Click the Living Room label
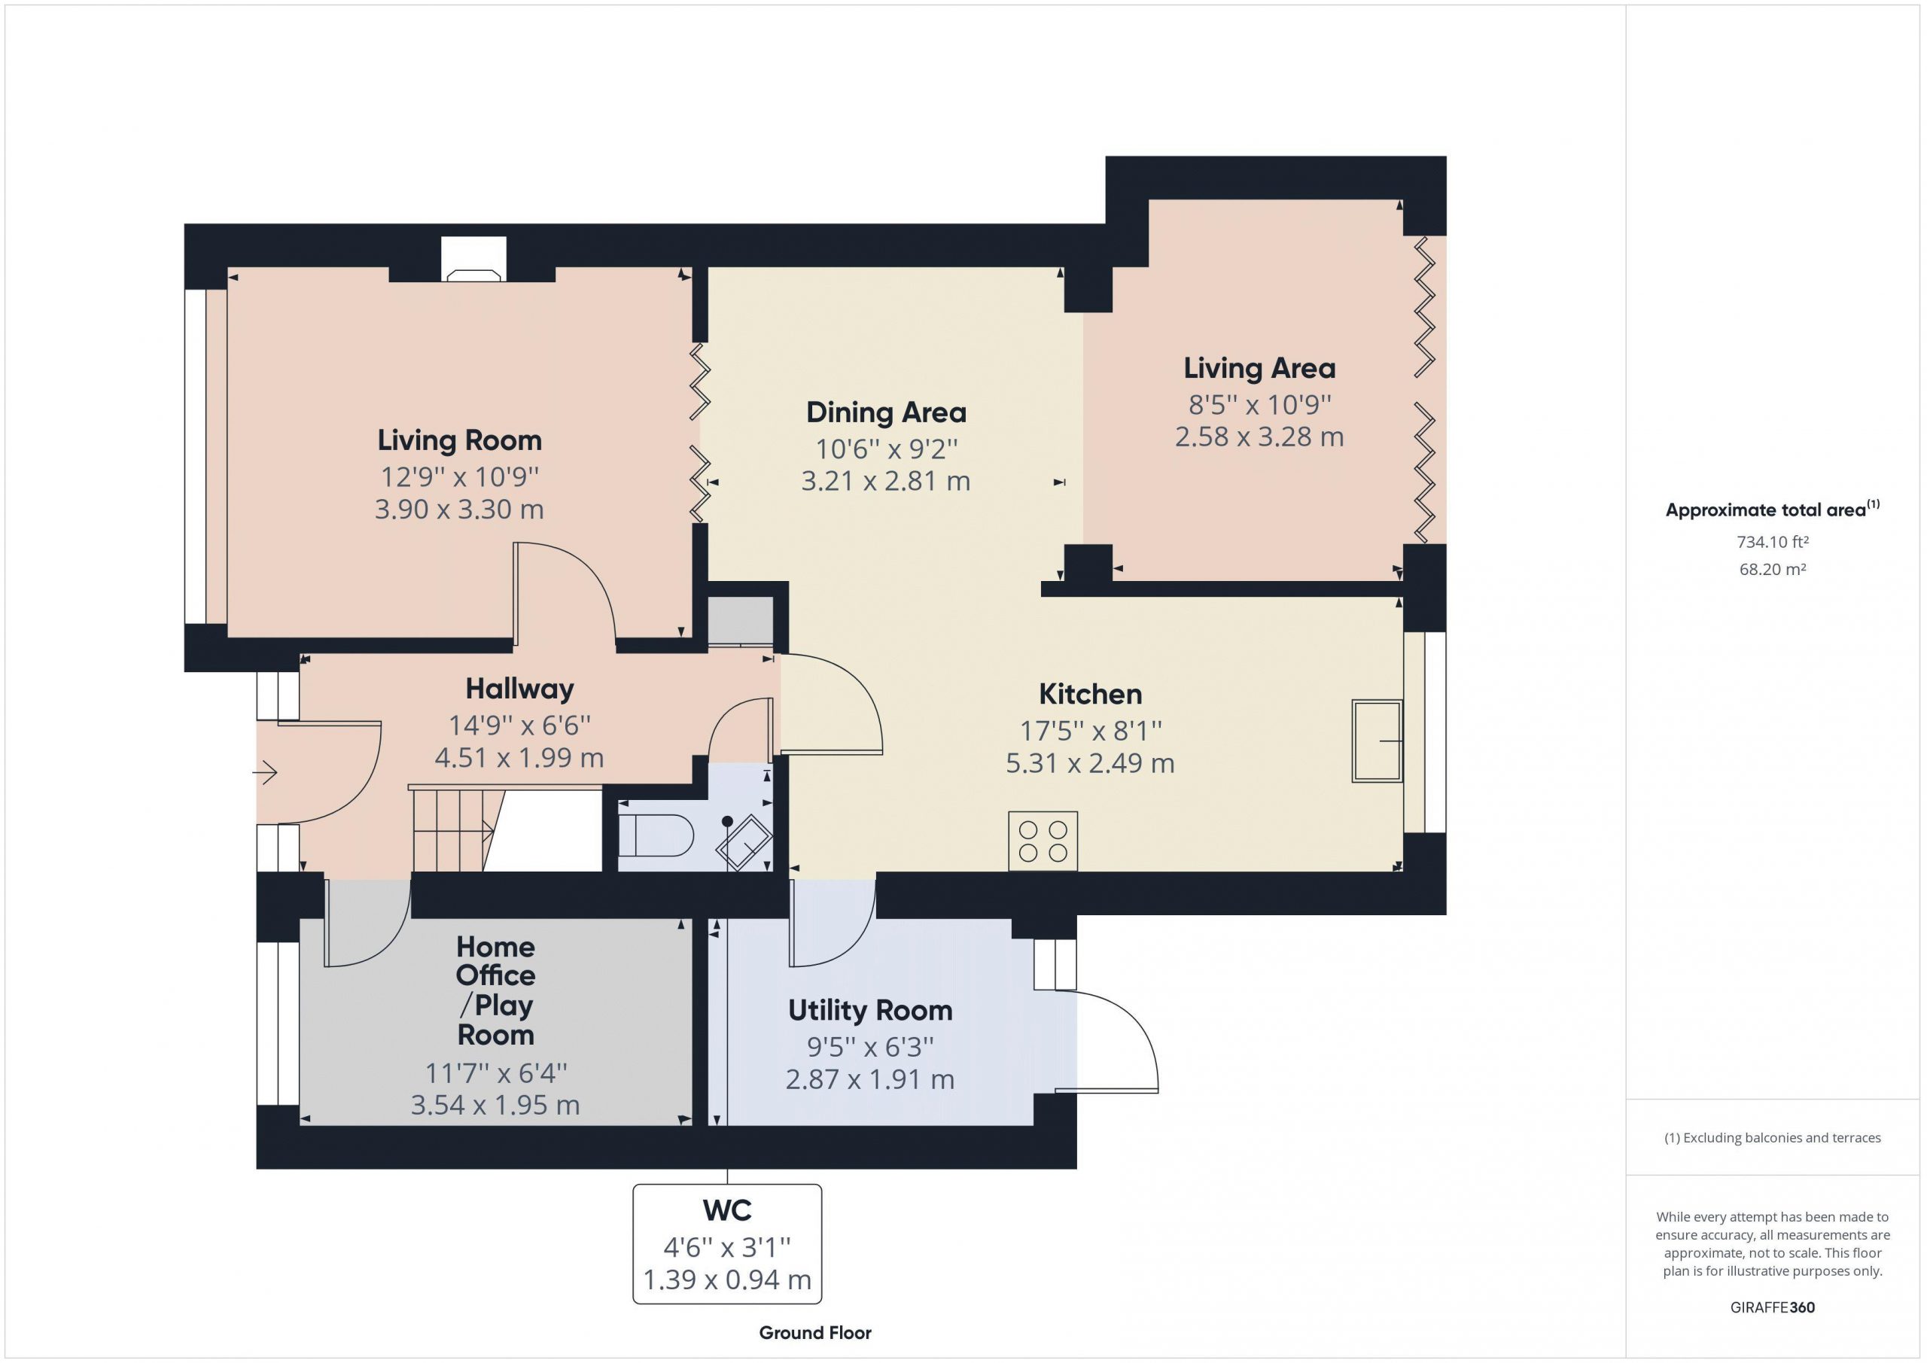tap(459, 440)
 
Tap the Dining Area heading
tap(886, 412)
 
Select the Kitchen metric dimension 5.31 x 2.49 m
tap(1090, 763)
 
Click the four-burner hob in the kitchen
tap(1043, 841)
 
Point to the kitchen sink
tap(1377, 741)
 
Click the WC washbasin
tap(744, 841)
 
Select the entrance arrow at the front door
tap(265, 772)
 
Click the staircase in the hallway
tap(453, 829)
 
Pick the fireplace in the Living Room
tap(474, 260)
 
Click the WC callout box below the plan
tap(727, 1244)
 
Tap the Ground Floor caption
tap(815, 1333)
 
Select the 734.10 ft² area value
tap(1773, 542)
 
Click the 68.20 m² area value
tap(1773, 569)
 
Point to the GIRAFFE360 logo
tap(1773, 1307)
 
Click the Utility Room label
tap(870, 1011)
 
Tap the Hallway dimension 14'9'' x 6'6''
tap(519, 724)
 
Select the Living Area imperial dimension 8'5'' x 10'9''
tap(1260, 405)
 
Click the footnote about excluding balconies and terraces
tap(1773, 1138)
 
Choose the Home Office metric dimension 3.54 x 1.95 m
tap(495, 1105)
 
